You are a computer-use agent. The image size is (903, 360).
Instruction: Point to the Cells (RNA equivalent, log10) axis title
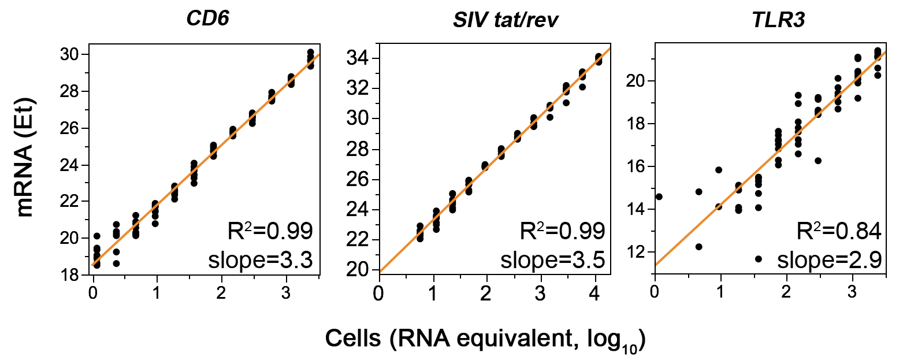tap(485, 338)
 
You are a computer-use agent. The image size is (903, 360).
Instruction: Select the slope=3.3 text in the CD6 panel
tap(261, 261)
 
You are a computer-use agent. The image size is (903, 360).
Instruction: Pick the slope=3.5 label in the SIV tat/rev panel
tap(553, 261)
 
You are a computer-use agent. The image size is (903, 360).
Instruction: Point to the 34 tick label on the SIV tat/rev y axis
tap(357, 58)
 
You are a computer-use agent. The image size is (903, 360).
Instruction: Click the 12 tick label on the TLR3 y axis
tap(635, 252)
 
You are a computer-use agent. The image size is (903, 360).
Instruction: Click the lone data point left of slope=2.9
tap(758, 259)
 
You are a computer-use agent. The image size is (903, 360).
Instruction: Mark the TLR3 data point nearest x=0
tap(659, 196)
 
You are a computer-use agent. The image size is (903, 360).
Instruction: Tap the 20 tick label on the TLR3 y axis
tap(635, 81)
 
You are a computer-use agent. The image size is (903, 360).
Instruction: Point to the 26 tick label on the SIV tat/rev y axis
tap(357, 179)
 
